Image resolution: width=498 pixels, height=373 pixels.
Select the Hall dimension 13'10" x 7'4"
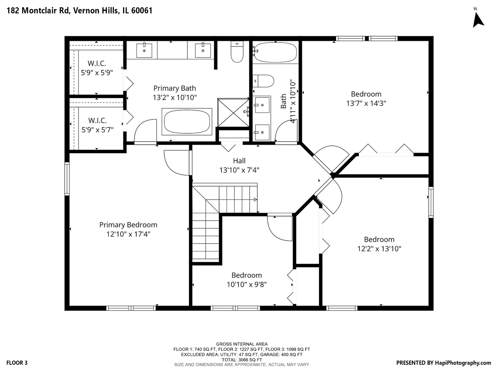(239, 170)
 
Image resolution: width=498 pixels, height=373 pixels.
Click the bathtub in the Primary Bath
(187, 122)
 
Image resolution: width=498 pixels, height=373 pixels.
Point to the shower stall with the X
(233, 112)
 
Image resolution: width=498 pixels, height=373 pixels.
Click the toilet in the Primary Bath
(237, 52)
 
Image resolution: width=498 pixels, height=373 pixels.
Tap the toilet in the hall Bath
(263, 81)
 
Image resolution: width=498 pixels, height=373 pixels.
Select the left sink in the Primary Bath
(144, 50)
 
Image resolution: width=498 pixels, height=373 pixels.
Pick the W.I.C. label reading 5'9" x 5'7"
(97, 125)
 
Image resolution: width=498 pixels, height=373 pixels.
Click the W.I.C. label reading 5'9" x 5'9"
(97, 68)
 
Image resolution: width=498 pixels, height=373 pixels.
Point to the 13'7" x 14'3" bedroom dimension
(366, 103)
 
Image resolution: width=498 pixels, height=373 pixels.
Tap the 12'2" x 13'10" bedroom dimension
(379, 249)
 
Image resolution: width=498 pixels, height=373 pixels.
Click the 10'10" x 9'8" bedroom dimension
(247, 284)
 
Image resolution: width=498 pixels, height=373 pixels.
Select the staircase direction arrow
(255, 200)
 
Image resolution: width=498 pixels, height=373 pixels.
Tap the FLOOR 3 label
(17, 363)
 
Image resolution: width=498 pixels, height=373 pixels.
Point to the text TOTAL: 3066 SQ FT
(242, 360)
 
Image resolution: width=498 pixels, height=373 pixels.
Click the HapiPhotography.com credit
(463, 363)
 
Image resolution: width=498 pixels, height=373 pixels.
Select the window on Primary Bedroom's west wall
(67, 179)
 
